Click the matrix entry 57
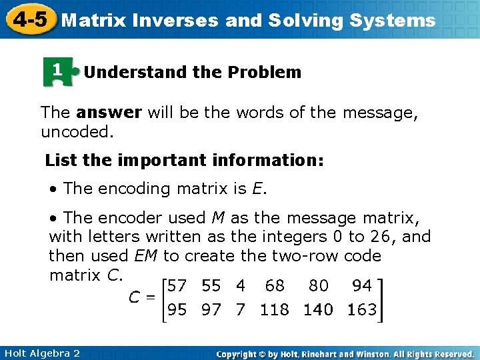177,286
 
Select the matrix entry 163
361,310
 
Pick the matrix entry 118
274,310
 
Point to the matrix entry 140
317,310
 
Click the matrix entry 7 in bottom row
241,310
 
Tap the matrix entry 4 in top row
241,286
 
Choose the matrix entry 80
317,286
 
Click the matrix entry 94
361,286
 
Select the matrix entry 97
211,310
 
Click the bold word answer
109,113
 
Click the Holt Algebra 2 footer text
41,353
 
